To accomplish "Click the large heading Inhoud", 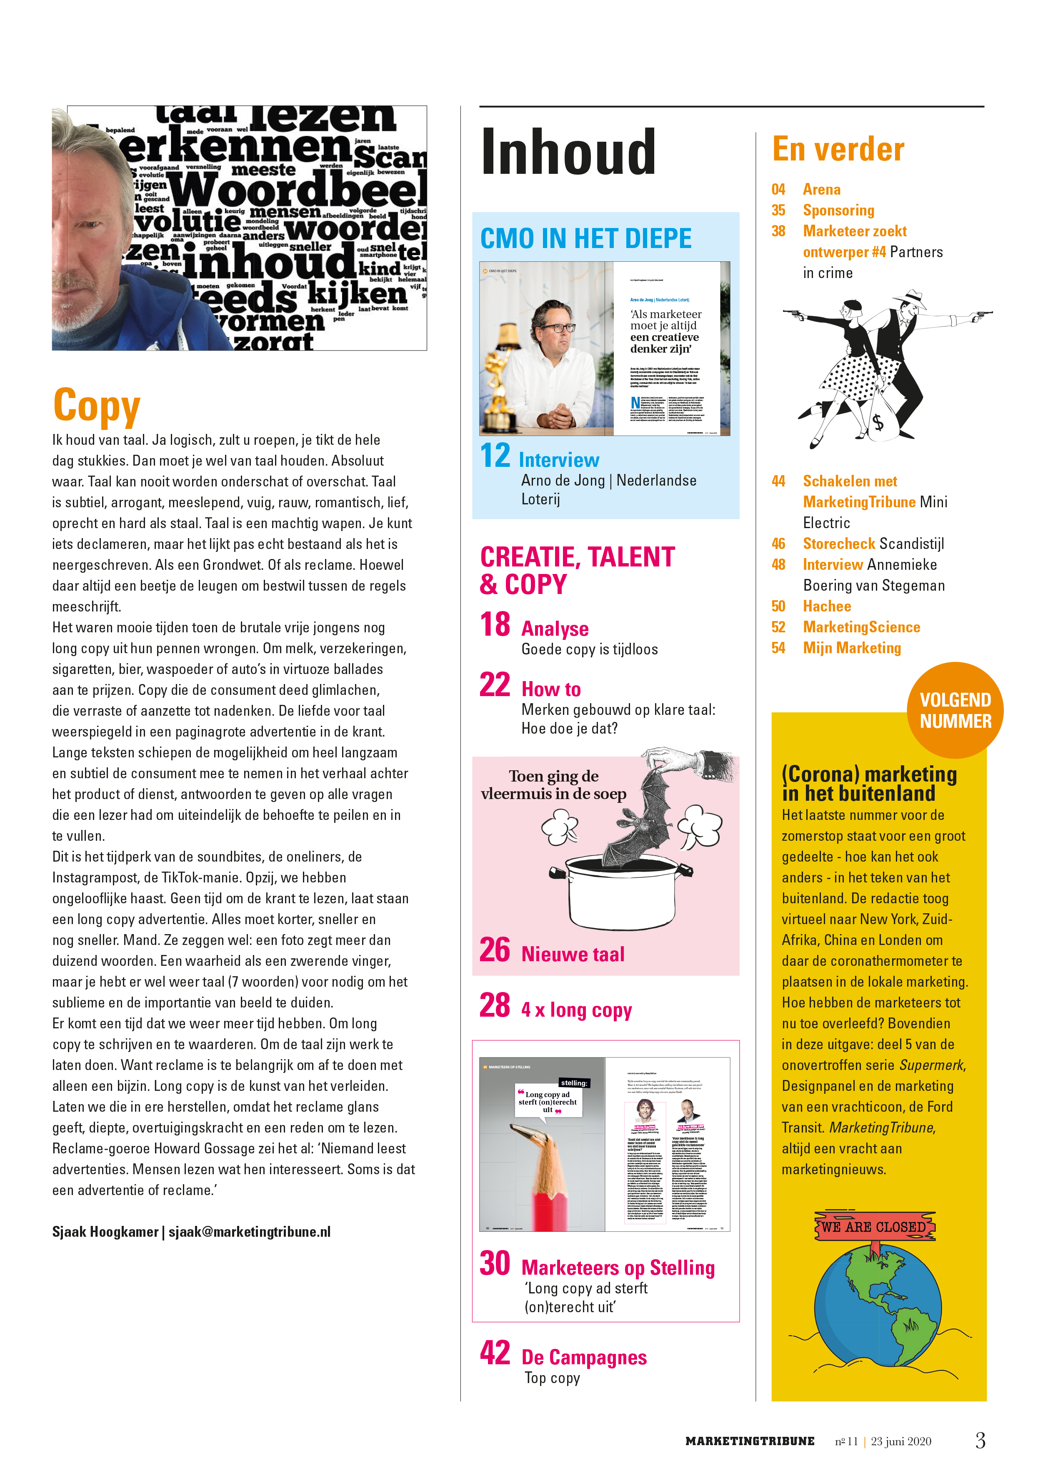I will click(x=568, y=153).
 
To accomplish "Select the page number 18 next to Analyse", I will click(x=495, y=624).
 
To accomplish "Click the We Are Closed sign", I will click(x=874, y=1227).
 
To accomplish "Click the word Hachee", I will click(x=827, y=606).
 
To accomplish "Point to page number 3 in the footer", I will click(x=980, y=1440).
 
